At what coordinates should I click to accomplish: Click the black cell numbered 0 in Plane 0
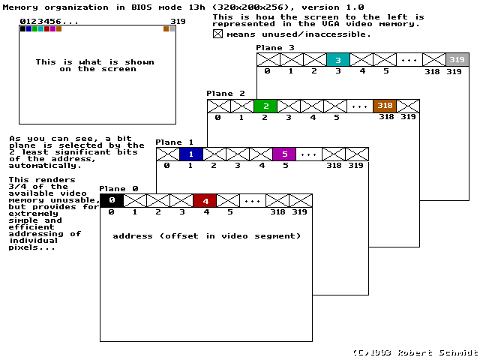tap(111, 200)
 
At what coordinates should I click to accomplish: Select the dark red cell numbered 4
tap(205, 200)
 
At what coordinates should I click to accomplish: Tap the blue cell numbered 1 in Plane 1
tap(191, 154)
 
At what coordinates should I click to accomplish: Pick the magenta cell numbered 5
tap(284, 154)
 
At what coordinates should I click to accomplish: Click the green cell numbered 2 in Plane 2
tap(265, 106)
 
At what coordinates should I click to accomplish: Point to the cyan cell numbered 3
tap(338, 60)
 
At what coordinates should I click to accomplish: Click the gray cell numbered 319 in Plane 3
tap(457, 60)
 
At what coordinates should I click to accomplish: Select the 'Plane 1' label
tap(174, 142)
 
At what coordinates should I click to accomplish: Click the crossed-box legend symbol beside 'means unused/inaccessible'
tap(217, 34)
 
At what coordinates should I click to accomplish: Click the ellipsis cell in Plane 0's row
tap(251, 200)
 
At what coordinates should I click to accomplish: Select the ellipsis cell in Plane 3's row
tap(409, 60)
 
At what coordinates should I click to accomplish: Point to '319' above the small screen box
tap(178, 21)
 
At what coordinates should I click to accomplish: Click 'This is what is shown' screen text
tap(95, 62)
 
